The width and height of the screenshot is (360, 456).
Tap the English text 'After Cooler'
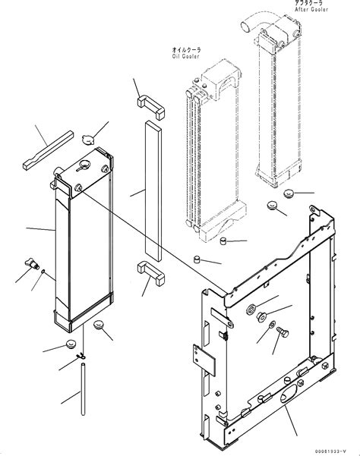[x=311, y=11]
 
